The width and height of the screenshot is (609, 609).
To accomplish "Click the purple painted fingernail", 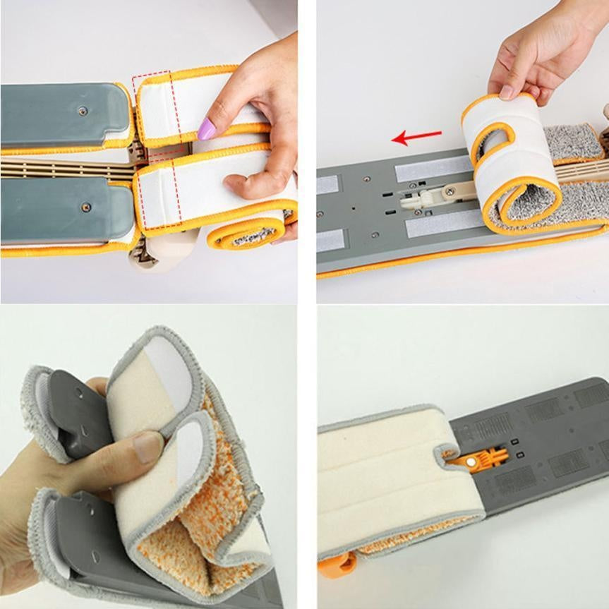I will click(x=207, y=129).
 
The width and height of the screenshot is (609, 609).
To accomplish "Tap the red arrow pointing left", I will click(x=416, y=136).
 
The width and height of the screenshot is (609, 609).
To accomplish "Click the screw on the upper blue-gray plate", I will click(x=83, y=111).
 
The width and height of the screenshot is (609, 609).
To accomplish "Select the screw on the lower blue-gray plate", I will click(x=86, y=207).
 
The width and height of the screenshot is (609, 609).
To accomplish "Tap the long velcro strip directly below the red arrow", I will click(x=427, y=169).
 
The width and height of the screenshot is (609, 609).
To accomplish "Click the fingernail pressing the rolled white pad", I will click(x=507, y=92).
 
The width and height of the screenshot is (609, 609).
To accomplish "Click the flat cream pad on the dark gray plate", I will click(x=381, y=480).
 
